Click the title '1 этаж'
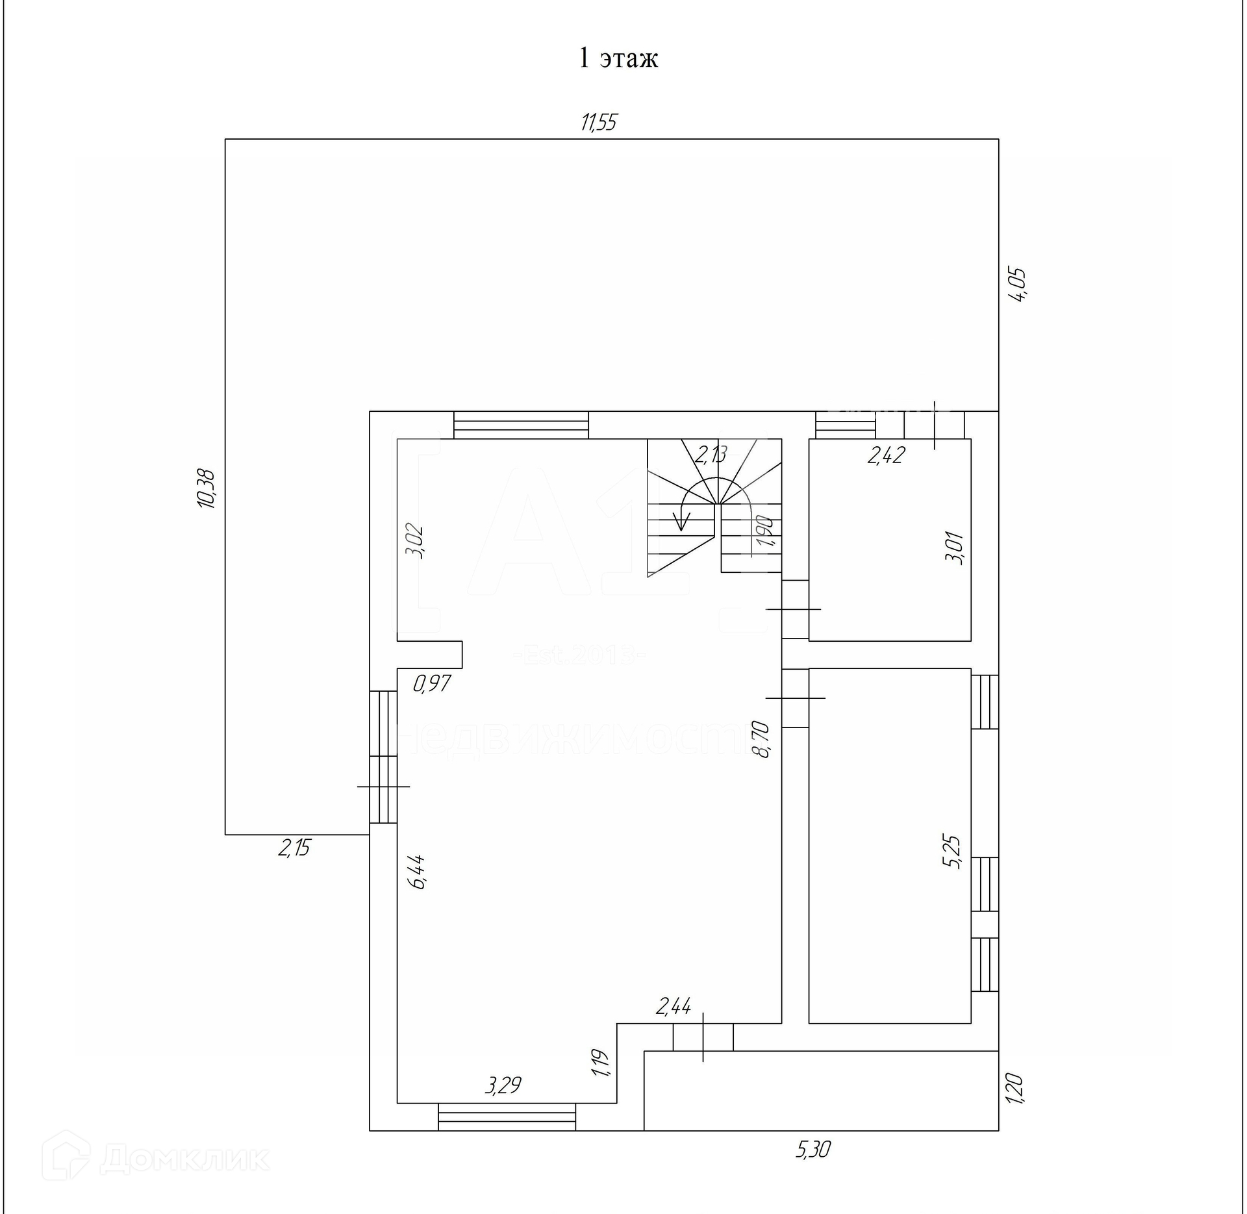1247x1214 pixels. tap(618, 58)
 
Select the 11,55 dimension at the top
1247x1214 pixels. tap(599, 122)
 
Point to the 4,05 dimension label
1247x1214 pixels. tap(1016, 285)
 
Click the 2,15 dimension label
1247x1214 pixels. tap(294, 848)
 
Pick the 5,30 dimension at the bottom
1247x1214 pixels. tap(812, 1150)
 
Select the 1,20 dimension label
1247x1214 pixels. tap(1014, 1089)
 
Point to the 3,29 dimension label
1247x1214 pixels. tap(503, 1085)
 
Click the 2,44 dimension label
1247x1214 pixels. tap(674, 1007)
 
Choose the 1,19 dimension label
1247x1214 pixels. tap(601, 1063)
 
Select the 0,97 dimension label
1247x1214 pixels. tap(432, 683)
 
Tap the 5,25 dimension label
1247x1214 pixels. tap(955, 852)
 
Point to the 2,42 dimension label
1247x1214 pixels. tap(886, 455)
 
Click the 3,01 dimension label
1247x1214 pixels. tap(955, 548)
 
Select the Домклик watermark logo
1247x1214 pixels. tap(156, 1159)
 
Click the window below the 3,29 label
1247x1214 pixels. tap(507, 1117)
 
